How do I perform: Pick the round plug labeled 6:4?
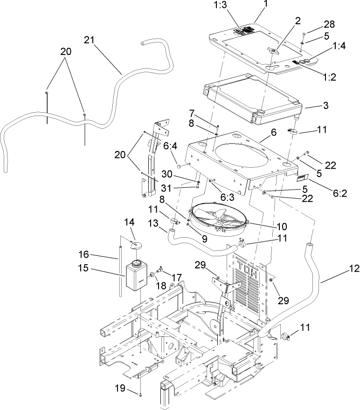180,166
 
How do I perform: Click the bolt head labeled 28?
304,33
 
